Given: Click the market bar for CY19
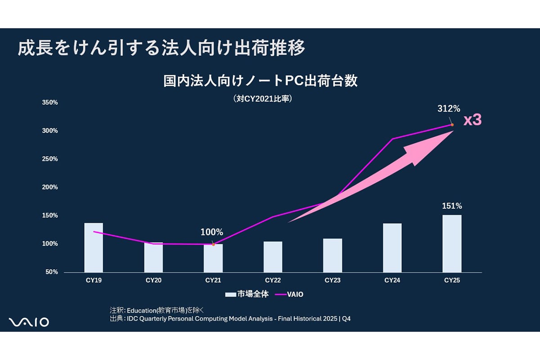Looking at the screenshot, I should pos(94,247).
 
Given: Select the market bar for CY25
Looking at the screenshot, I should pos(452,243).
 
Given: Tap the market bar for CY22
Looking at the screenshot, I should pos(273,256).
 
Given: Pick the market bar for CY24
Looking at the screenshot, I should pos(392,247).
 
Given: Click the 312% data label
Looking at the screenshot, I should pos(449,108).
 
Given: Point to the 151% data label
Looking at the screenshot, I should pos(452,206).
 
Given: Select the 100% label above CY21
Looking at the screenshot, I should pos(211,232).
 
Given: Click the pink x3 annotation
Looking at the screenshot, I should pos(472,120).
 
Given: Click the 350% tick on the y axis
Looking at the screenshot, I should pos(50,103).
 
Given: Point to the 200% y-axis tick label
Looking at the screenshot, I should pos(50,187).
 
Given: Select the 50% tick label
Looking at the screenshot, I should pos(52,272).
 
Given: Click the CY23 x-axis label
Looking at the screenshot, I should pos(333,280).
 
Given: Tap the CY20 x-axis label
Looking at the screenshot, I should pos(153,280).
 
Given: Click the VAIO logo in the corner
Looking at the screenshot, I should pos(29,322).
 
